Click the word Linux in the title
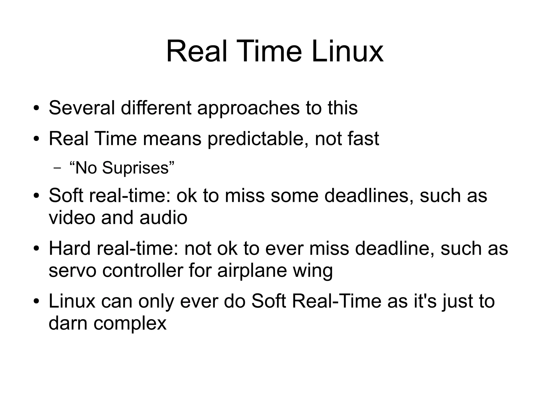click(348, 52)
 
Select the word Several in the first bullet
click(82, 108)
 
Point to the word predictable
click(258, 139)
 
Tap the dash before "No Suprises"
click(57, 169)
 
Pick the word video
click(72, 217)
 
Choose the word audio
click(163, 217)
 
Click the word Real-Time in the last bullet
click(336, 301)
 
